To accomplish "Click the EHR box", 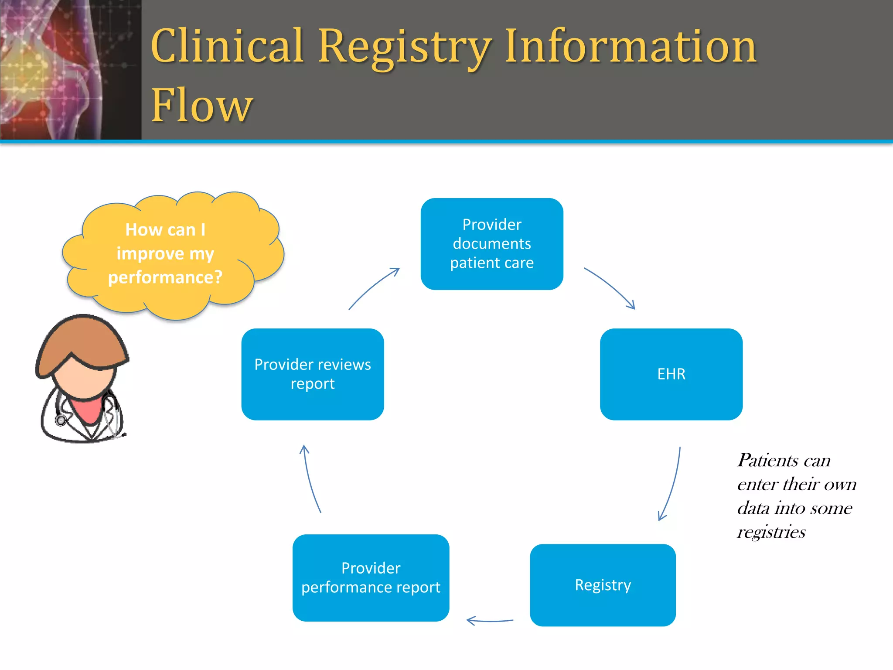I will (671, 374).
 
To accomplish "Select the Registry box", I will (603, 585).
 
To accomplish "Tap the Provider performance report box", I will (371, 578).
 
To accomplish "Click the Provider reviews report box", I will (313, 374).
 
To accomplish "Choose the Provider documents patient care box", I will (492, 244).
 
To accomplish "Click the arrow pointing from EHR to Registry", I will (673, 484).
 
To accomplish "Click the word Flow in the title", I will (201, 105).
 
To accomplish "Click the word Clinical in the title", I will (227, 45).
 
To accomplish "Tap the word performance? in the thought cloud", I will (165, 277).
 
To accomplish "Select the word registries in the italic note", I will (771, 532).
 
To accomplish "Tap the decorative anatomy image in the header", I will (70, 70).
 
